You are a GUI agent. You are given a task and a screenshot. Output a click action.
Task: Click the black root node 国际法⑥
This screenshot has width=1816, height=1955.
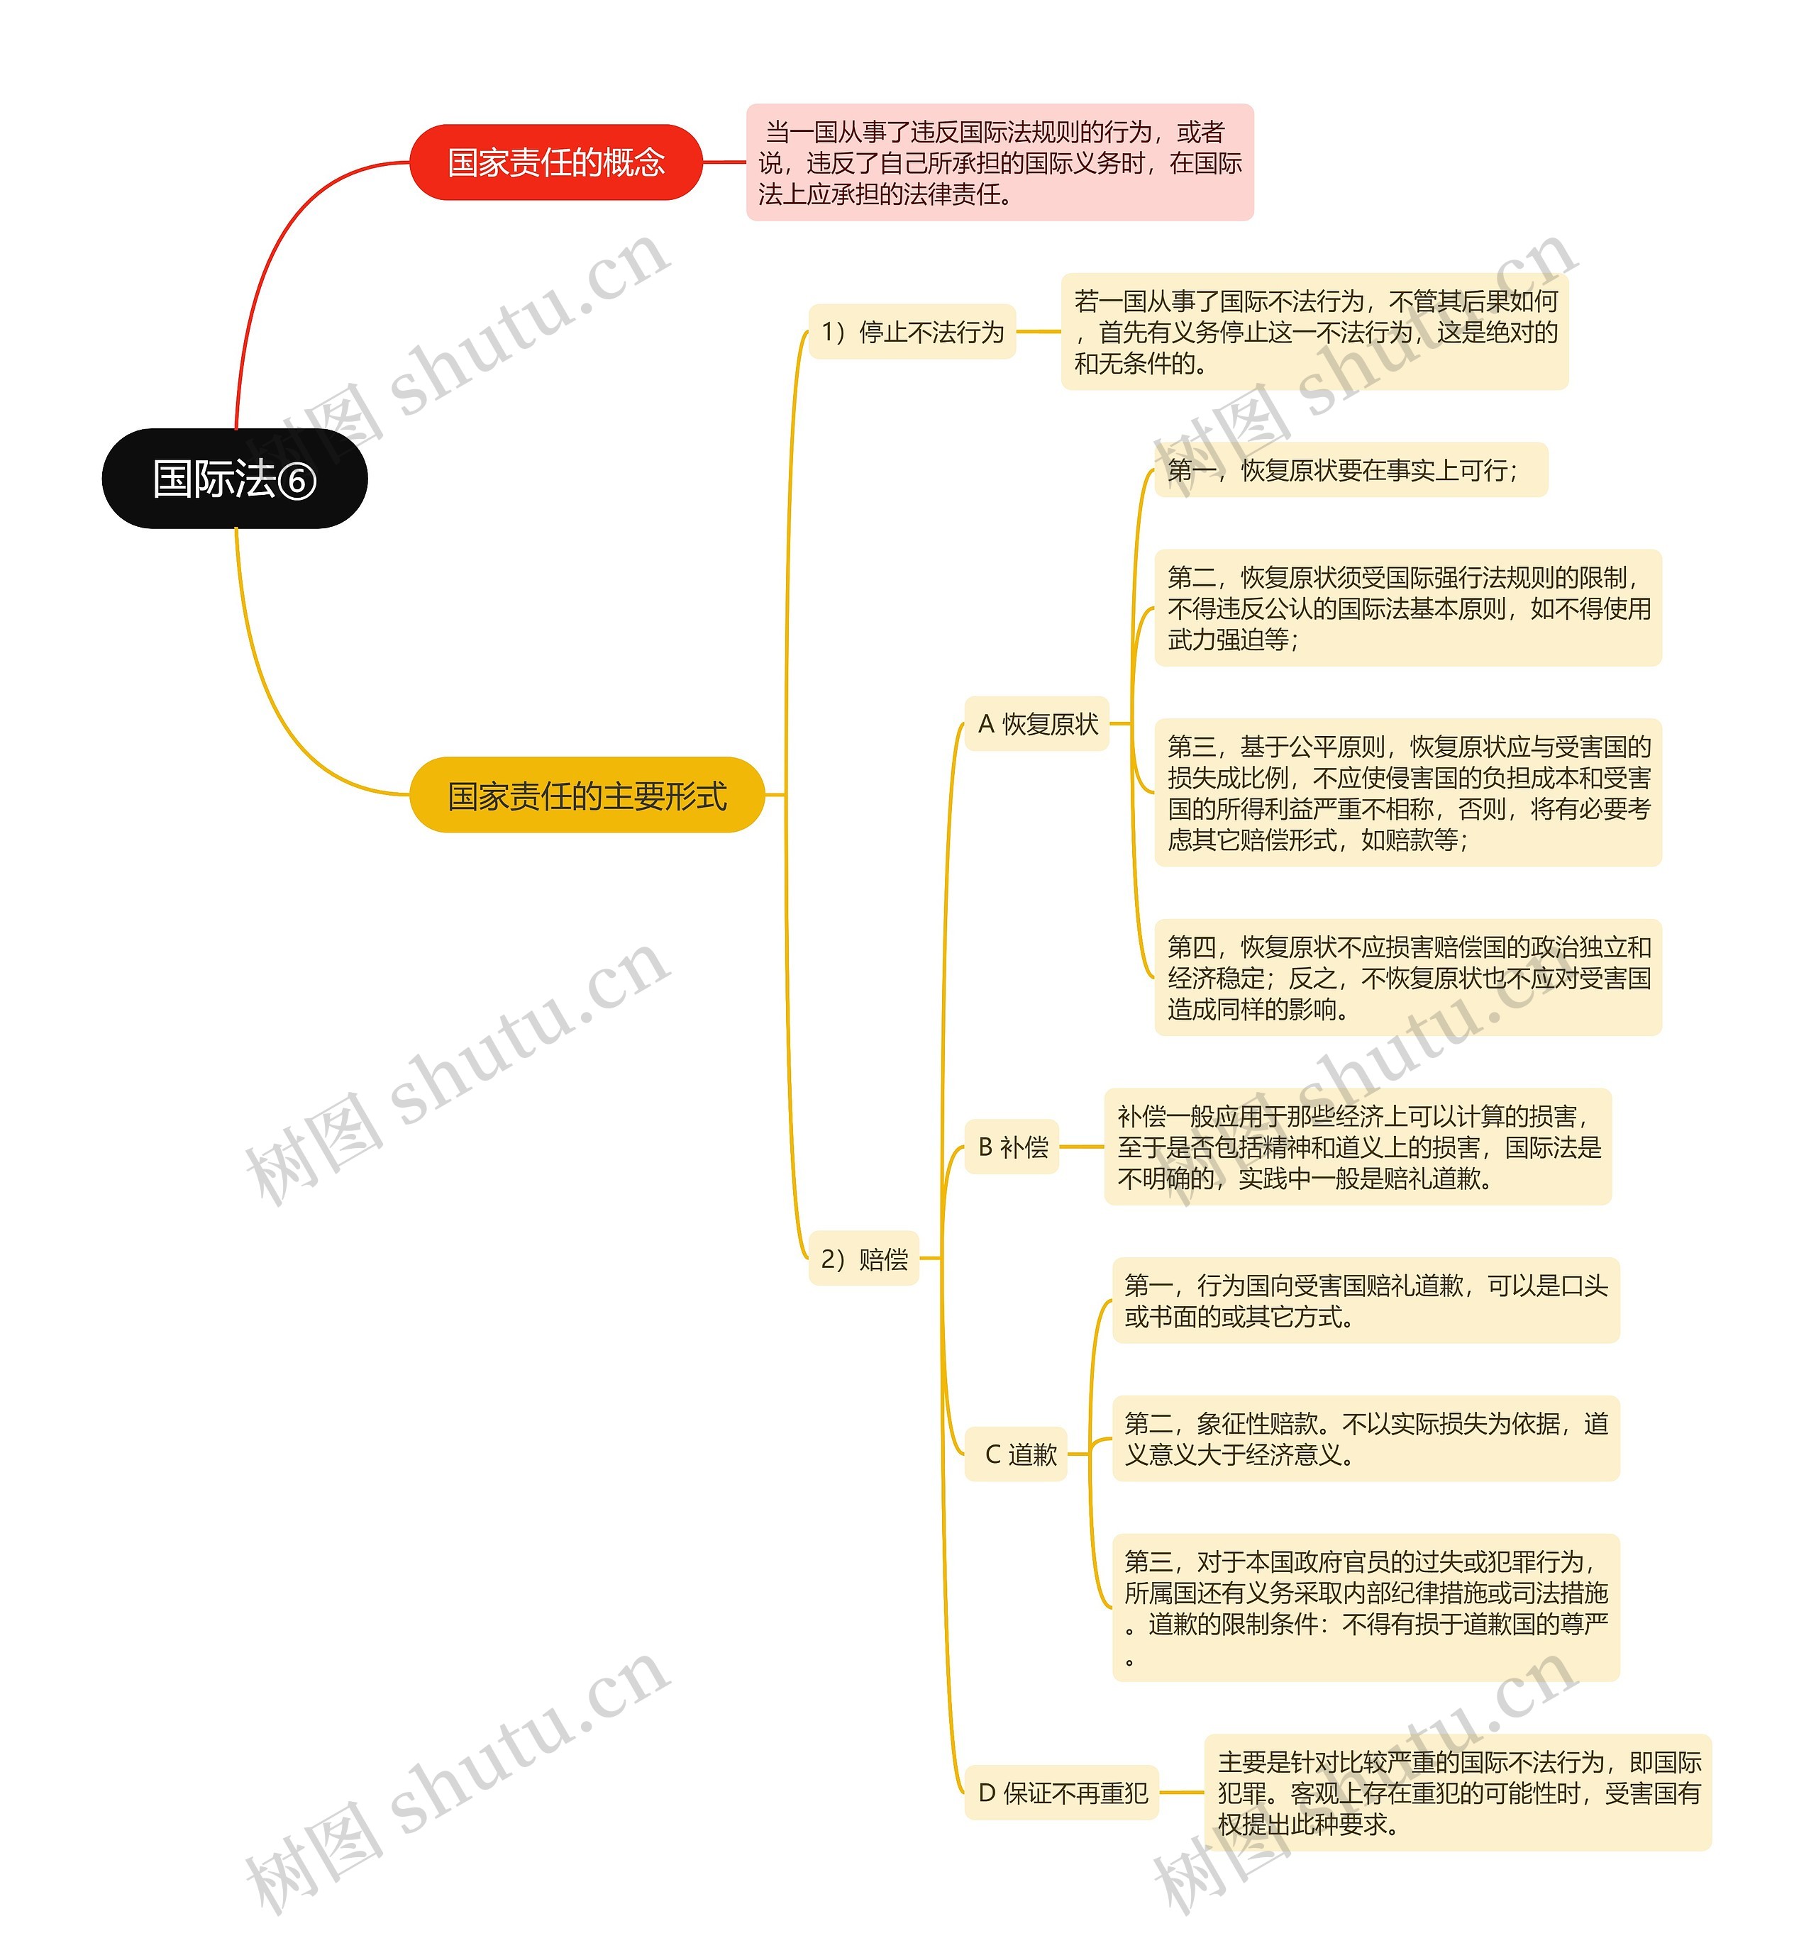point(234,479)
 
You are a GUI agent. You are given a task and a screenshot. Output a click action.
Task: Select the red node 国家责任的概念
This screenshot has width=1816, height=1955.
point(555,162)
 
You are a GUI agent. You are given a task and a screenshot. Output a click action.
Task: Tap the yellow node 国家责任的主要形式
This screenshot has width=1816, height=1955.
point(587,795)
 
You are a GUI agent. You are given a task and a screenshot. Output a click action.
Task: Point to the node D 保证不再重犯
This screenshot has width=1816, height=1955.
point(1061,1793)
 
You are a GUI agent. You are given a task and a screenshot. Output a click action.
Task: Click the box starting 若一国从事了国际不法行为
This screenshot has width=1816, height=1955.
point(1314,332)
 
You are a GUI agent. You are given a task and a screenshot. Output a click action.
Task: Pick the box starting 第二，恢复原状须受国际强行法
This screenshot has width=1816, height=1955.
point(1407,608)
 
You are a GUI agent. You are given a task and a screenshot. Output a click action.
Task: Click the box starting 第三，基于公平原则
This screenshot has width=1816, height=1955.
point(1407,793)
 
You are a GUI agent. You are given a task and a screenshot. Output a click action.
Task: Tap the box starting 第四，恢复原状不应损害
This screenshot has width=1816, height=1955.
point(1407,977)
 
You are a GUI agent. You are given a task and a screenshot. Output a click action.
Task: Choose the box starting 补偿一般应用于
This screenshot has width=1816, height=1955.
point(1357,1147)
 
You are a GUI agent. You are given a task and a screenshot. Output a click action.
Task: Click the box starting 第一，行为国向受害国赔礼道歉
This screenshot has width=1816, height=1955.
point(1365,1300)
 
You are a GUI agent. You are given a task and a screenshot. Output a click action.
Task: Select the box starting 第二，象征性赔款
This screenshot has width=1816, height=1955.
point(1365,1438)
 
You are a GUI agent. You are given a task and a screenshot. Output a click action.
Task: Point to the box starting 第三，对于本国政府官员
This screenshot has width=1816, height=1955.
point(1365,1608)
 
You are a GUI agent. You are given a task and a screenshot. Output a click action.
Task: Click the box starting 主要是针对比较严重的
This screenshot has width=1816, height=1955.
point(1457,1793)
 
